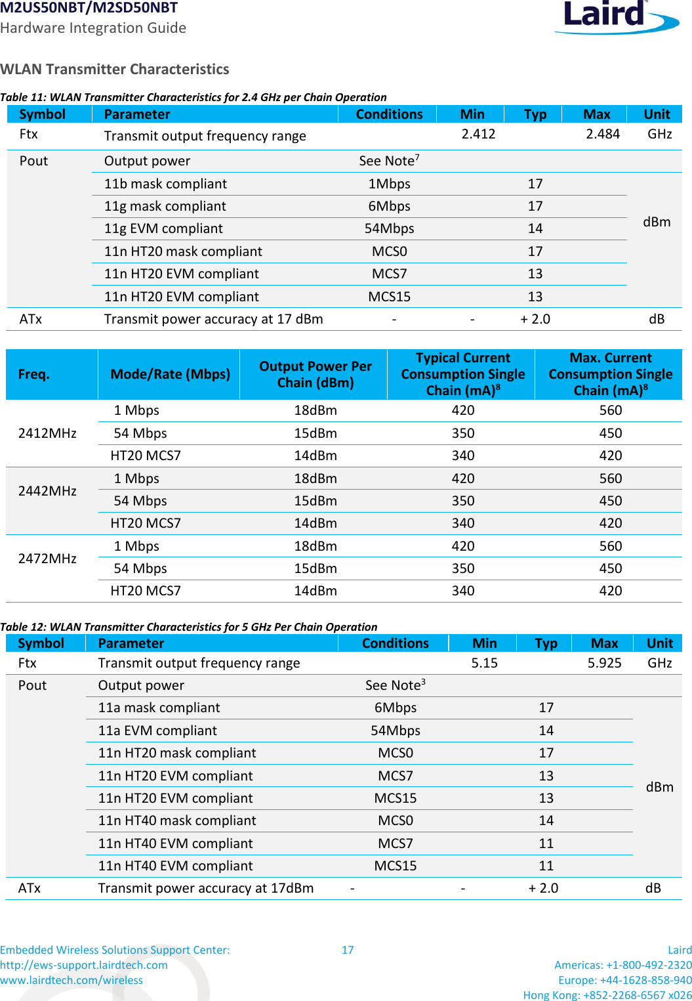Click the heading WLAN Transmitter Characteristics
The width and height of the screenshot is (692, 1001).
coord(115,69)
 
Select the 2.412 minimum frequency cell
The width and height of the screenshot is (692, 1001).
coord(478,134)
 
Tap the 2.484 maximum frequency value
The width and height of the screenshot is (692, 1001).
coord(603,134)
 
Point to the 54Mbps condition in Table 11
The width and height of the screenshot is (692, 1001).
coord(389,228)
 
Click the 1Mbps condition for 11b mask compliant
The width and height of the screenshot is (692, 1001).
coord(389,184)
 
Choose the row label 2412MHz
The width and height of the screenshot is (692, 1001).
coord(47,433)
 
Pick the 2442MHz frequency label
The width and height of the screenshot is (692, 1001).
coord(47,491)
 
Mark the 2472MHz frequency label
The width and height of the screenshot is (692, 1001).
coord(47,559)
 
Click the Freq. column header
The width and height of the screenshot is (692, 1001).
coord(33,374)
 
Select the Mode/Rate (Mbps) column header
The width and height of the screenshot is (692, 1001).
coord(170,374)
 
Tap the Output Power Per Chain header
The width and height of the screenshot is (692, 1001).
coord(315,374)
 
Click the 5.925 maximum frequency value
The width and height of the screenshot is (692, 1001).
coord(604,663)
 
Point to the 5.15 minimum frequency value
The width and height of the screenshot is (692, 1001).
coord(484,663)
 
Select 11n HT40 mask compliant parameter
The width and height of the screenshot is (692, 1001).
coord(177,820)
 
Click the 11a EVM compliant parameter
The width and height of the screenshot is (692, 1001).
coord(157,731)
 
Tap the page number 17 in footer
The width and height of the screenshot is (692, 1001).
coord(348,950)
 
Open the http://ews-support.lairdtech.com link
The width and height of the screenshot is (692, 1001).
coord(84,965)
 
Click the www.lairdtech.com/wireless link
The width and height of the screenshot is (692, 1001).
coord(71,980)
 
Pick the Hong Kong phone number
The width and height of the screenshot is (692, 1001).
coord(607,995)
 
